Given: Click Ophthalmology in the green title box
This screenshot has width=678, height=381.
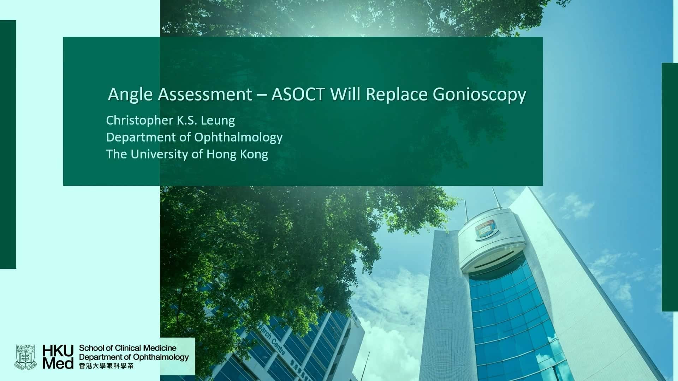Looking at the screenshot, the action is (x=238, y=138).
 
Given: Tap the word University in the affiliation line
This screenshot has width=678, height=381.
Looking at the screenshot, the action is (x=159, y=155).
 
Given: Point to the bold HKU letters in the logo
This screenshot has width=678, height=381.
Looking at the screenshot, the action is (x=58, y=351).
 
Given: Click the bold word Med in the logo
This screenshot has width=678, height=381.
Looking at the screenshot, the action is (x=58, y=363).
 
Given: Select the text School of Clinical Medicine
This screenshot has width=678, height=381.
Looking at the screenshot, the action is (x=127, y=349).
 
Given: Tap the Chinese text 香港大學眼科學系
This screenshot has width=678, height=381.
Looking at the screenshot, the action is (x=106, y=366).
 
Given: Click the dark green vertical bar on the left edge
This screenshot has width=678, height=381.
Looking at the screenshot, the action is (x=8, y=144).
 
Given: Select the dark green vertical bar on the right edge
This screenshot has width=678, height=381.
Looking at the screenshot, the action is (x=670, y=187).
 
